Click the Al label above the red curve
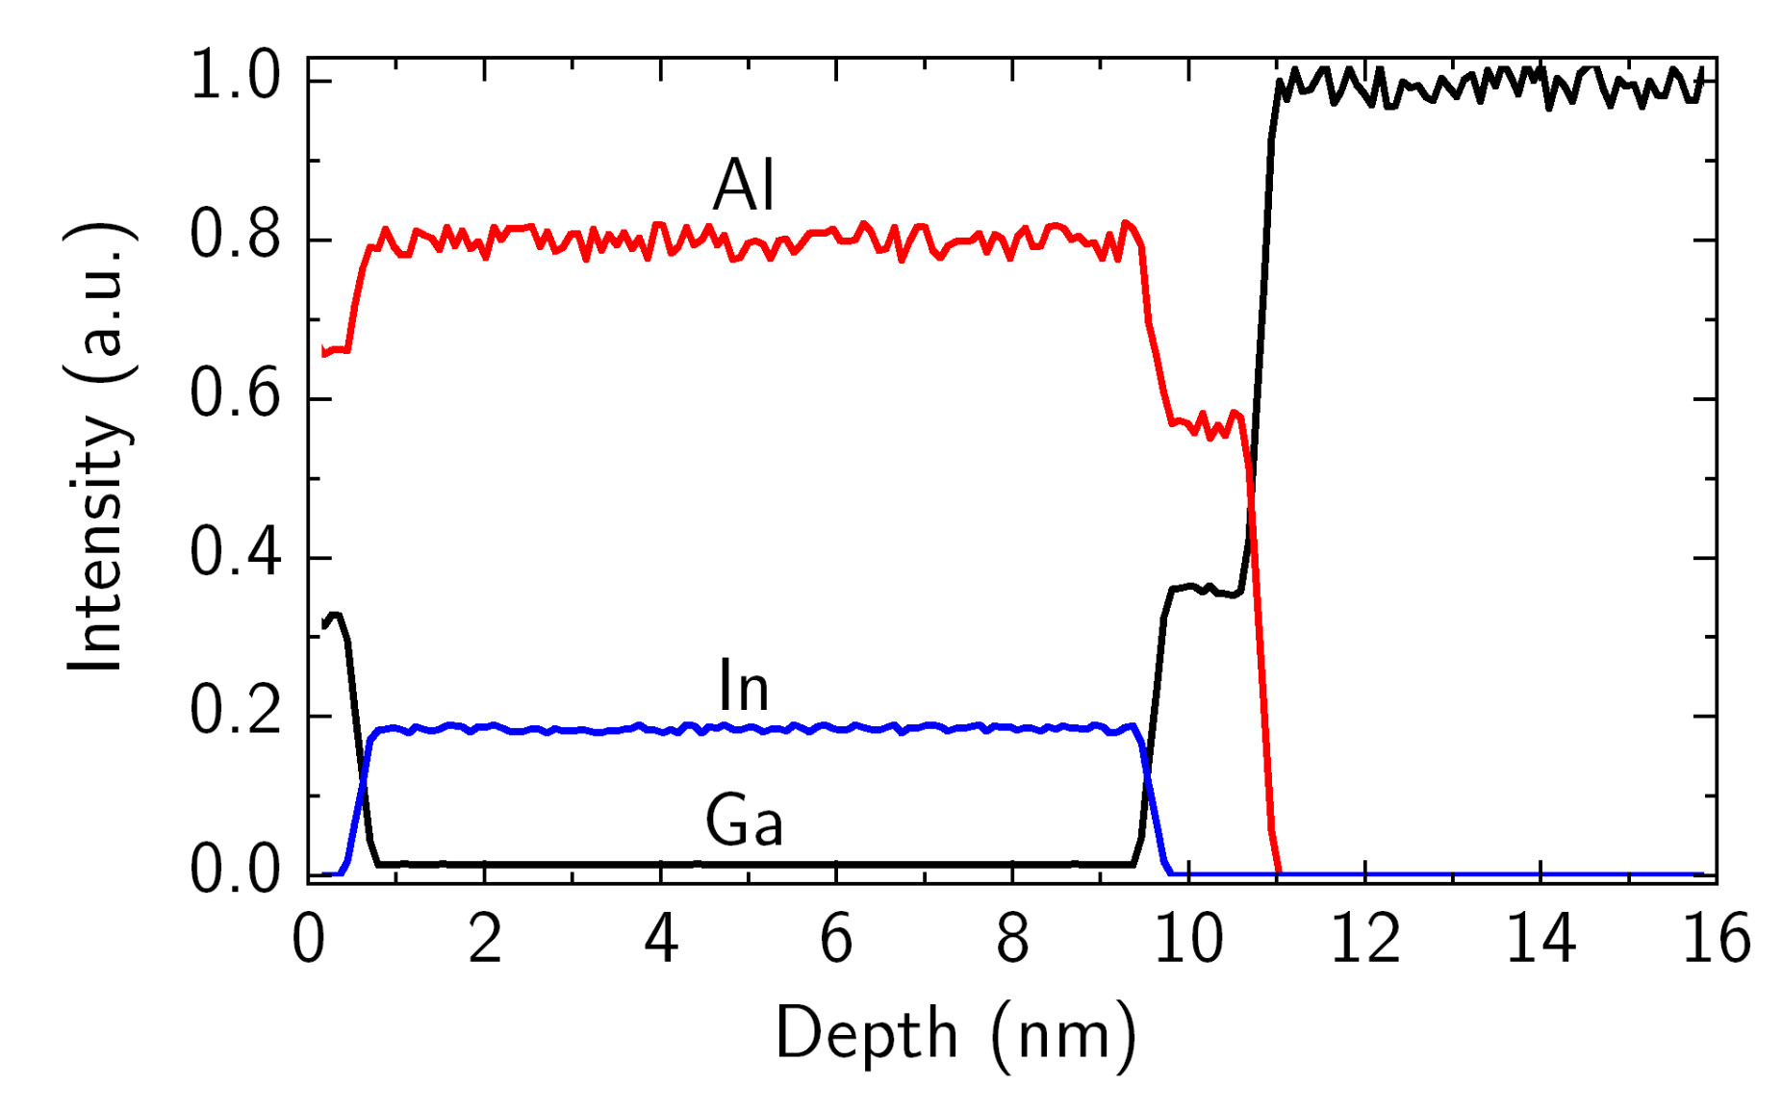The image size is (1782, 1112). tap(744, 185)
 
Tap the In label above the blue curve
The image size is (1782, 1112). tap(744, 686)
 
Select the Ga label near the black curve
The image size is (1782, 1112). tap(744, 821)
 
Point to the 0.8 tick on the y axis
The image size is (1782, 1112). tap(236, 237)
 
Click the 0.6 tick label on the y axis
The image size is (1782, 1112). tap(236, 394)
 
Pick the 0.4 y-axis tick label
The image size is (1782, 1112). tap(236, 553)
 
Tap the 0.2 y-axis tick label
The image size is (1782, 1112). tap(236, 712)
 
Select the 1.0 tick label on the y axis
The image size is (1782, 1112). tap(236, 77)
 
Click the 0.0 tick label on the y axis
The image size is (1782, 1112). tap(236, 871)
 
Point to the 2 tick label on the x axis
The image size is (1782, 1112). tap(485, 939)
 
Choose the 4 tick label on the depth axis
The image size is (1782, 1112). tap(661, 939)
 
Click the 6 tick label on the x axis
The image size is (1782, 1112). tap(836, 939)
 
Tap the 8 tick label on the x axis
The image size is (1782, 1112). tap(1012, 939)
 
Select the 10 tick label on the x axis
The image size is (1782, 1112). tap(1188, 939)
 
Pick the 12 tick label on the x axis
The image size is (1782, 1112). tap(1364, 939)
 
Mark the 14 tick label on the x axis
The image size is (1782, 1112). tap(1540, 939)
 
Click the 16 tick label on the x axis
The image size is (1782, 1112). tap(1716, 939)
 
